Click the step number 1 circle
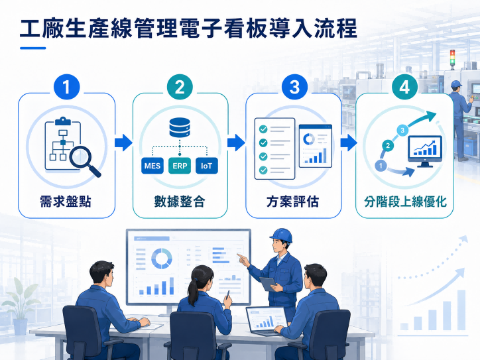click(66, 87)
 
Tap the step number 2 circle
click(180, 87)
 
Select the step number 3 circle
click(294, 87)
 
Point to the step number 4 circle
click(404, 87)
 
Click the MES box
click(152, 166)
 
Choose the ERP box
click(180, 166)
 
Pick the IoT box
click(207, 166)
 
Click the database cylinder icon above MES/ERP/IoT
click(180, 127)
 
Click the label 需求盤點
click(66, 202)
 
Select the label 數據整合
click(180, 202)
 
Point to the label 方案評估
click(293, 202)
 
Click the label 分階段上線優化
click(405, 202)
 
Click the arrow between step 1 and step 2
click(123, 143)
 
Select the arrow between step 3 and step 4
click(349, 143)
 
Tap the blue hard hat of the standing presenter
click(281, 235)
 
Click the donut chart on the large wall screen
click(162, 259)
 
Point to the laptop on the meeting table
click(267, 321)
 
